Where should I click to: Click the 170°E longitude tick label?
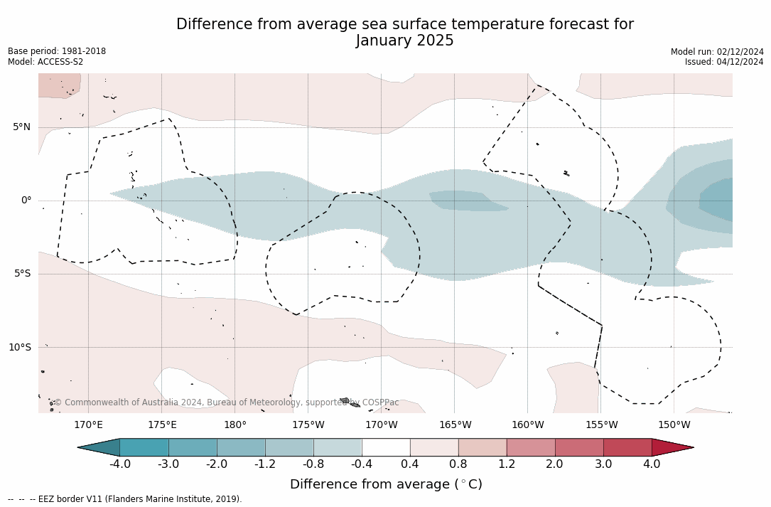(89, 425)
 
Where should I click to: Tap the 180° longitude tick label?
(235, 425)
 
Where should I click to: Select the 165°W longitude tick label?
(455, 425)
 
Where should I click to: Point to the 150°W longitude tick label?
(674, 425)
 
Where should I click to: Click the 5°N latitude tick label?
(22, 127)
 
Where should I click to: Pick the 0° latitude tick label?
(26, 201)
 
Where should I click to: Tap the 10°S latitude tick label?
(20, 348)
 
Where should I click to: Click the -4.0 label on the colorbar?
(119, 464)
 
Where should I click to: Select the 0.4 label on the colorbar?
(410, 464)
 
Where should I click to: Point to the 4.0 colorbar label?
(652, 464)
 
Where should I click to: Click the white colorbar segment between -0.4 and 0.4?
(386, 447)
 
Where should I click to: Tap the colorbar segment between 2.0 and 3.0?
(579, 447)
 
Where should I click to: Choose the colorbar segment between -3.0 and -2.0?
(193, 447)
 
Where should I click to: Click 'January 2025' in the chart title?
(404, 41)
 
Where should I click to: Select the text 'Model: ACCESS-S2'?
(45, 62)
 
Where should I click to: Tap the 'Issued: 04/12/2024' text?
(724, 62)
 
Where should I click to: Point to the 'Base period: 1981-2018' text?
(57, 51)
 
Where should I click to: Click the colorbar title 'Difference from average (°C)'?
(386, 484)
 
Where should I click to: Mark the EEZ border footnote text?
(125, 499)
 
